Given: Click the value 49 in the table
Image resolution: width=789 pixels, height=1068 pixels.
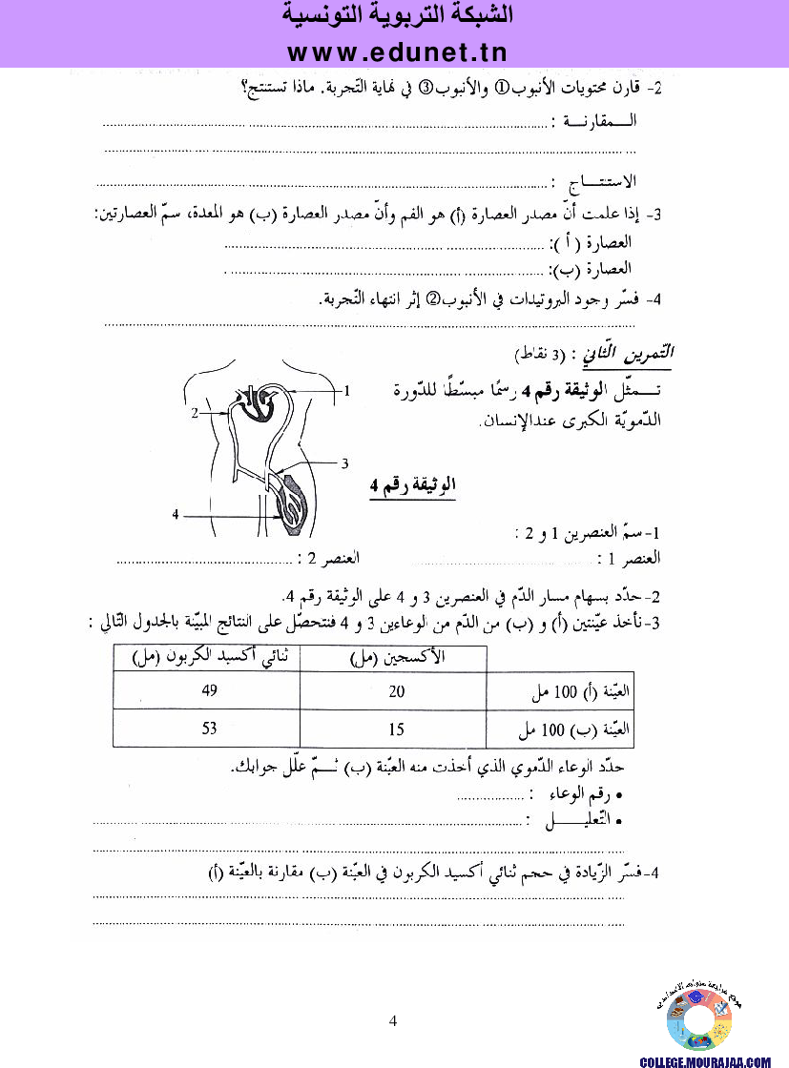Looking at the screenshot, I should coord(210,691).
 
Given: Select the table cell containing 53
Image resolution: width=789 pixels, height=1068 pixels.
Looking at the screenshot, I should coord(210,729).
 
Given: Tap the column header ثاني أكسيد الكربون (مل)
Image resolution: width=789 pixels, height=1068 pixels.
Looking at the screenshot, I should coord(209,658).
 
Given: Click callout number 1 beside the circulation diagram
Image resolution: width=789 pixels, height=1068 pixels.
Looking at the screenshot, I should coord(347,390).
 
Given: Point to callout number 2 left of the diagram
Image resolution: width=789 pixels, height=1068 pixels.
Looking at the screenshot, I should coord(195,413).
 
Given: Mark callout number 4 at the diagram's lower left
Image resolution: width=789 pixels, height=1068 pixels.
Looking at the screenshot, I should coord(176,514).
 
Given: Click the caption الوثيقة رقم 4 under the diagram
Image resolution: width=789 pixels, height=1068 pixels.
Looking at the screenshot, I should coord(412,487).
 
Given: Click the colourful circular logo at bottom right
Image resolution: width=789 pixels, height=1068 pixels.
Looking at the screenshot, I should coord(699,1021).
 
